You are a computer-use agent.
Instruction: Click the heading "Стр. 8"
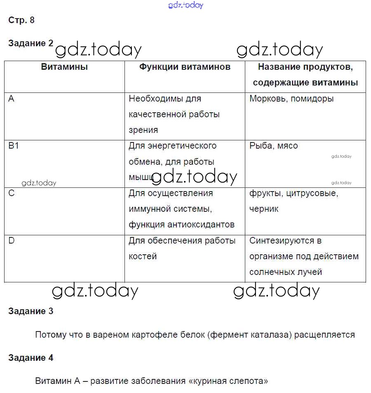pos(21,20)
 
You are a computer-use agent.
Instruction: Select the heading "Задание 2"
pos(31,43)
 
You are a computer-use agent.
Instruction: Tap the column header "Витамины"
pos(64,67)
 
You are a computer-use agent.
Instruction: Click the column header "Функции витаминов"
pos(185,67)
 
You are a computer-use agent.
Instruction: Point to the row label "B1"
pos(14,146)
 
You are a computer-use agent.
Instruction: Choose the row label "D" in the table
pos(12,240)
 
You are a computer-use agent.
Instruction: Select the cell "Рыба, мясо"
pos(273,146)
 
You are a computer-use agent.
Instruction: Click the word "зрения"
pos(143,130)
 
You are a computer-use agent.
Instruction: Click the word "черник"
pos(264,209)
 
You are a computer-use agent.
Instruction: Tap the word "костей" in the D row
pos(143,256)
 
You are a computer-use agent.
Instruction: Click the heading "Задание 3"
pos(31,311)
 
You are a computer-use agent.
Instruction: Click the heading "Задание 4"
pos(31,358)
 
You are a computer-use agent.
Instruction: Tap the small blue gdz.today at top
pos(185,5)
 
